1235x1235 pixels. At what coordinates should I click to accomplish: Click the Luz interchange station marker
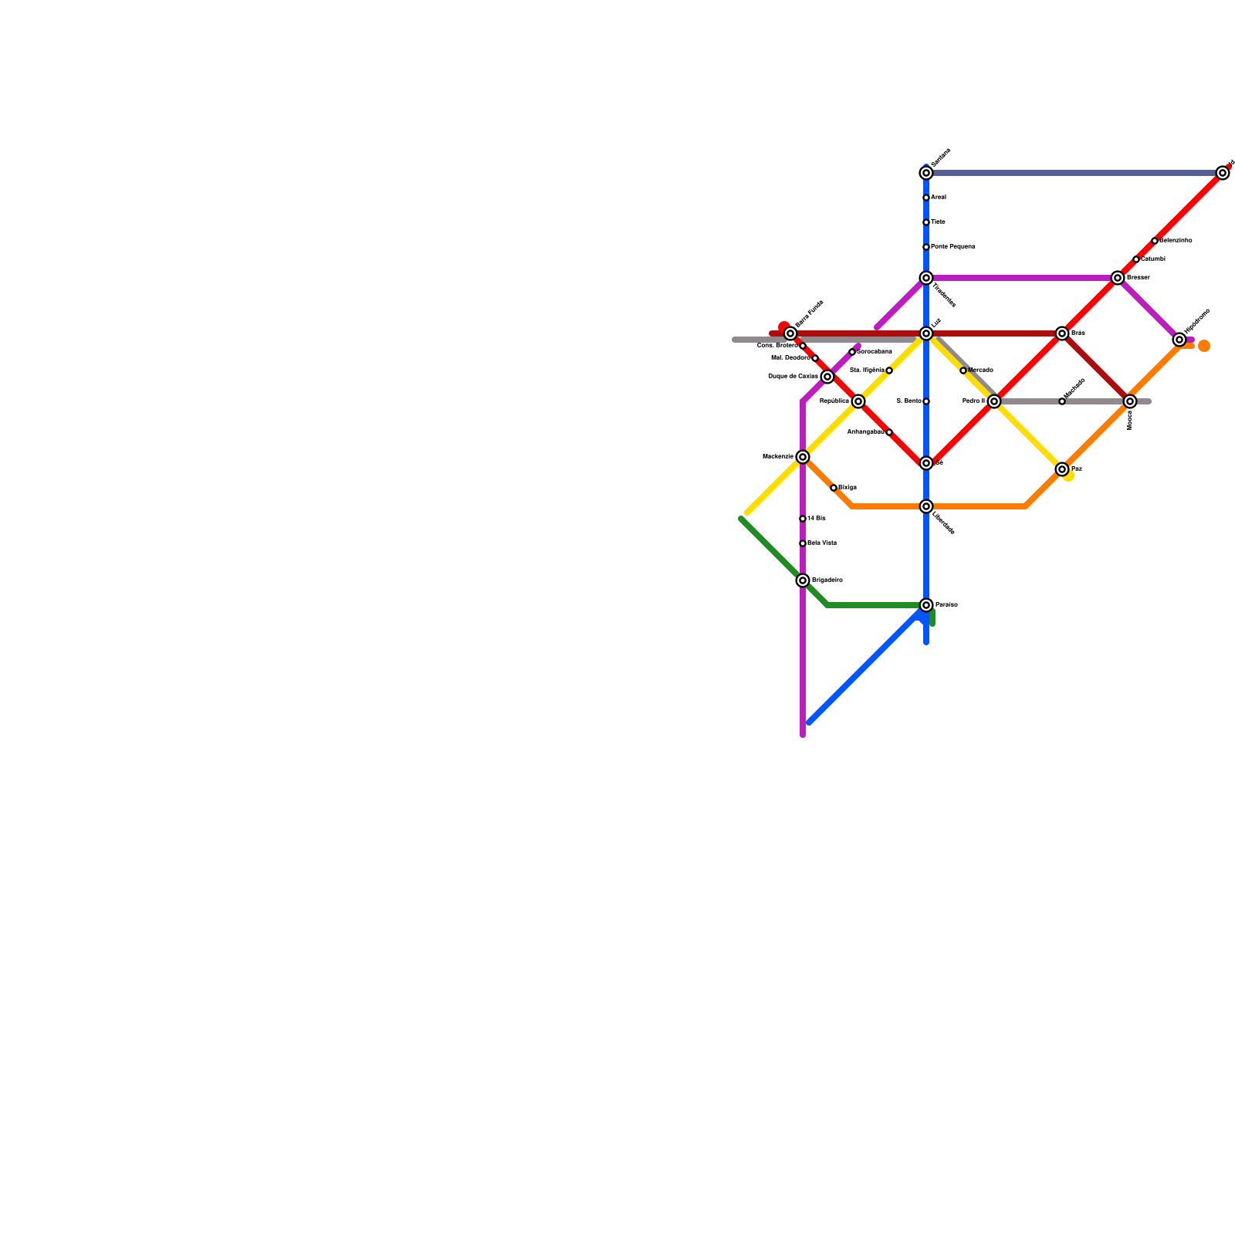click(x=926, y=333)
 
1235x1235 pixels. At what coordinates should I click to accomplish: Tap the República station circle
click(x=858, y=401)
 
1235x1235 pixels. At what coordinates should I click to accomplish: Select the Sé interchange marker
click(x=926, y=463)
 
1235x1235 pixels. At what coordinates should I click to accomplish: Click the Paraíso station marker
click(x=926, y=605)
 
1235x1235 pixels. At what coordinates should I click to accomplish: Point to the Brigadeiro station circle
click(x=803, y=580)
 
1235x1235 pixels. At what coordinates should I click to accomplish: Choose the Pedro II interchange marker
click(x=994, y=401)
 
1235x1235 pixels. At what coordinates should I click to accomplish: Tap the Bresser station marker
click(x=1118, y=278)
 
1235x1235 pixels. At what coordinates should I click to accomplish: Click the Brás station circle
click(x=1062, y=333)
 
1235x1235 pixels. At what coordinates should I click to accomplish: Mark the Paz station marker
click(x=1062, y=469)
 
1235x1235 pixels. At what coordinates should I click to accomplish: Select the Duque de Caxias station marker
click(x=827, y=377)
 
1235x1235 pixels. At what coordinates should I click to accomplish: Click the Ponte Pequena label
click(x=952, y=247)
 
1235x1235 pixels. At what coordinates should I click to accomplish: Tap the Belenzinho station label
click(x=1176, y=241)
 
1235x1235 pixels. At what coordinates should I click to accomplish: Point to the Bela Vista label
click(x=822, y=543)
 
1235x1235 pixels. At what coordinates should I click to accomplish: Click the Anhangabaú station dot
click(x=889, y=432)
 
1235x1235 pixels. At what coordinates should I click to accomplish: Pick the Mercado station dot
click(x=963, y=370)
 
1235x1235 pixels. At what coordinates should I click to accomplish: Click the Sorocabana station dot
click(x=852, y=352)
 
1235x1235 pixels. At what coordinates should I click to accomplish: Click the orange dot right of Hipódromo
click(x=1204, y=346)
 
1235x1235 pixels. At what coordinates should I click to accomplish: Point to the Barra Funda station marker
click(x=790, y=333)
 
